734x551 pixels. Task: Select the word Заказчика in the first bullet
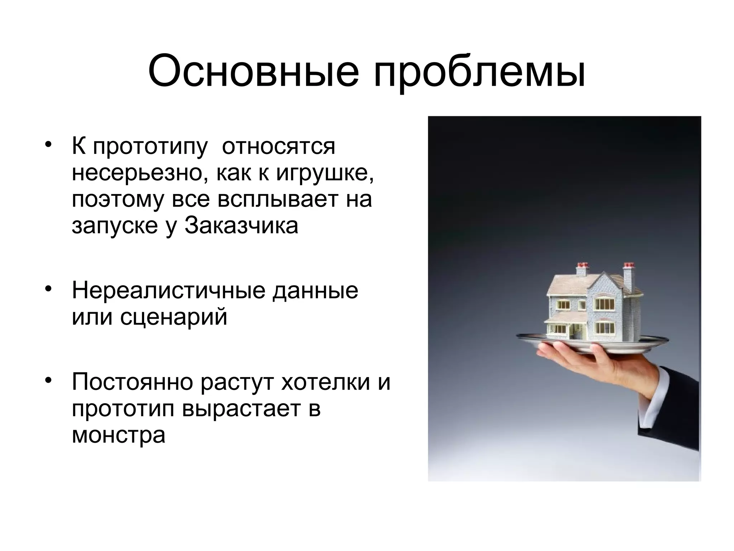pyautogui.click(x=241, y=226)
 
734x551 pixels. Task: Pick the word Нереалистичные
pyautogui.click(x=168, y=291)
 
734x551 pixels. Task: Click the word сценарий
pyautogui.click(x=174, y=318)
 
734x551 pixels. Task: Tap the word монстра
pyautogui.click(x=119, y=435)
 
